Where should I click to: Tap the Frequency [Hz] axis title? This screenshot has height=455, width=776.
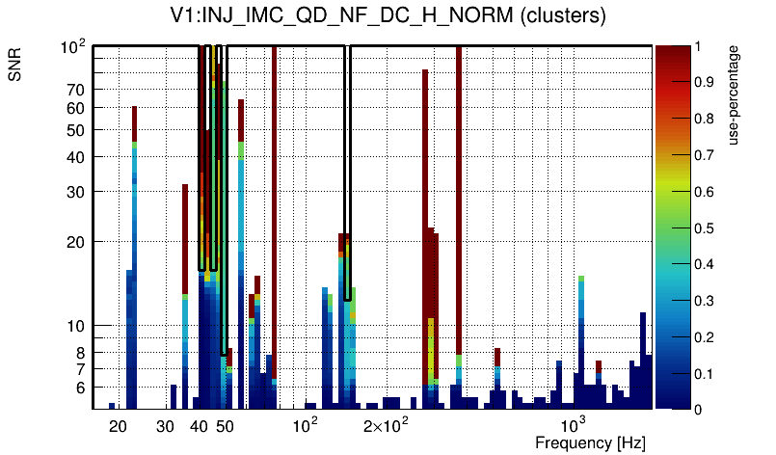click(590, 442)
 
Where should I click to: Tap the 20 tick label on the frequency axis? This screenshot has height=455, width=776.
click(118, 425)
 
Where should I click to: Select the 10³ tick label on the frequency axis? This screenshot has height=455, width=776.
click(575, 425)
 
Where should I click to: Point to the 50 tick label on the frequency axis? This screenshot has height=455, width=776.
click(225, 425)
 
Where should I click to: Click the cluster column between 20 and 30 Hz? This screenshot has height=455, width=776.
click(134, 251)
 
